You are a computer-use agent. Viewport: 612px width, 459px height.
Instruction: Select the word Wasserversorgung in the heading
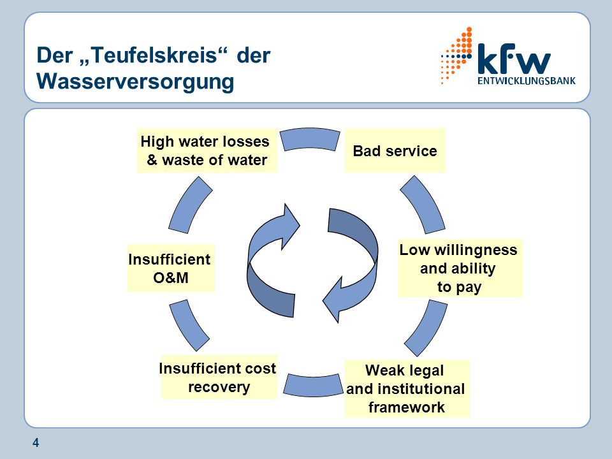coord(135,81)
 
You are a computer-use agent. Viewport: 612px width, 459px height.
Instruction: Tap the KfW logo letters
coord(514,59)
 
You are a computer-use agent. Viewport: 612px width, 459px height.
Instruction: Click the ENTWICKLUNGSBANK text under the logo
coord(527,81)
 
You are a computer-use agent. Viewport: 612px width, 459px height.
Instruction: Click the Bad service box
coord(395,150)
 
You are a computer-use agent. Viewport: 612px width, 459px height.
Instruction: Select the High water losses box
coord(207,150)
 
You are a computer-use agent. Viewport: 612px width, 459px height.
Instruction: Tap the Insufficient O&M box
coord(171,268)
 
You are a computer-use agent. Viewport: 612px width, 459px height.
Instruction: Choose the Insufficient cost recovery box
coord(219,377)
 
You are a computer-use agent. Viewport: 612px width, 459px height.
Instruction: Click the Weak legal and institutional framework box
coord(407,388)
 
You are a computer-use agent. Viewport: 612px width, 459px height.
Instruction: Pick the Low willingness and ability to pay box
coord(460,268)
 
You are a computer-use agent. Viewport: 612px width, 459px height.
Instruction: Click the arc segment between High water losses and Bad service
coord(310,138)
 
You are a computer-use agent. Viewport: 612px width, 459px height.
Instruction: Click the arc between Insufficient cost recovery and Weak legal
coord(312,386)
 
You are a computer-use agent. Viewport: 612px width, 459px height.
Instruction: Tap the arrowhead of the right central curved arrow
coord(333,300)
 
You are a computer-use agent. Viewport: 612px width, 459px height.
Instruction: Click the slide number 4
coord(36,443)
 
